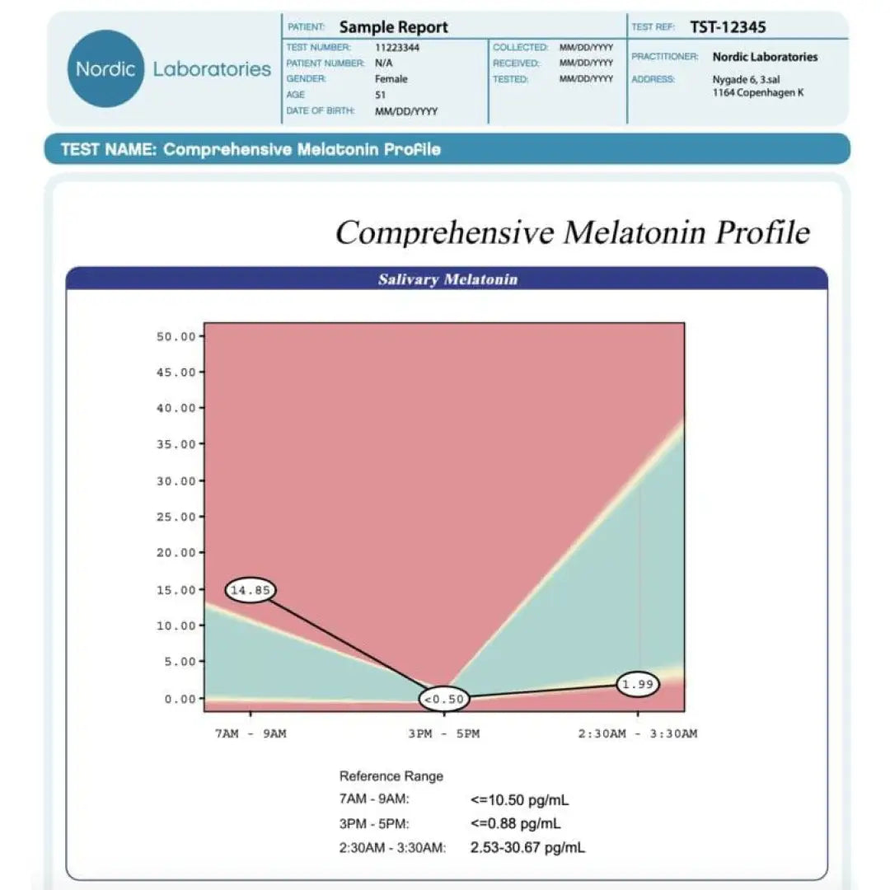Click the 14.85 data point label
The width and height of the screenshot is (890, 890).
coord(251,590)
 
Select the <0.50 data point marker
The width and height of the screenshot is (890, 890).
coord(445,700)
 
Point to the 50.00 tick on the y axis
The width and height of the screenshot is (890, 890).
coord(176,336)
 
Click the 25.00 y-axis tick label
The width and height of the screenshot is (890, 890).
coord(176,517)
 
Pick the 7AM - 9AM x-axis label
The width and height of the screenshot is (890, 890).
coord(251,733)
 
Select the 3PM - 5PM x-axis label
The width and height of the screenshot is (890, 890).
coord(443,733)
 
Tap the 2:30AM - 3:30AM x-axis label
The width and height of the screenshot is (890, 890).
coord(637,733)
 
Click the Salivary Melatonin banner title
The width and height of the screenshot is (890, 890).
coord(447,279)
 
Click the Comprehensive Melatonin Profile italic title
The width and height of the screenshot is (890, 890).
coord(572,232)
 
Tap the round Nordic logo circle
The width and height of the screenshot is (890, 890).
coord(105,68)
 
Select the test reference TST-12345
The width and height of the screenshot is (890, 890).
coord(728,27)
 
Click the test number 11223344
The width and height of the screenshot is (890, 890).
coord(397,48)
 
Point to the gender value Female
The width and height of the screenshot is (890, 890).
coord(391,79)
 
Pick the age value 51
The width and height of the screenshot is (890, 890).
coord(381,95)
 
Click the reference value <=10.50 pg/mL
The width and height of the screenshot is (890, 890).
coord(519,799)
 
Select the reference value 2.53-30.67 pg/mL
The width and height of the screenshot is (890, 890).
coord(527,847)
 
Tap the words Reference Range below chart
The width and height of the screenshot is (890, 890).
coord(391,776)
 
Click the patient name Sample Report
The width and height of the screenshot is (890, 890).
coord(394,27)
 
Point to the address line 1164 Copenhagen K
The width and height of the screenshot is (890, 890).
coord(757,93)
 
